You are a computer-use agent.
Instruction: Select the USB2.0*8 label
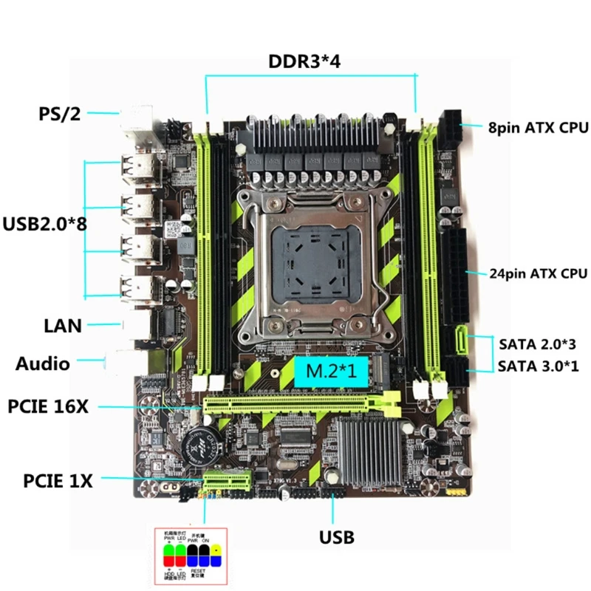point(44,223)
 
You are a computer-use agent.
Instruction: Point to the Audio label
point(43,363)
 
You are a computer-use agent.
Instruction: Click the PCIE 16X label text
point(49,407)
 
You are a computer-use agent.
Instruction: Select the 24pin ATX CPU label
point(538,273)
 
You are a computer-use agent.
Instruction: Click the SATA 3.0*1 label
point(537,365)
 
